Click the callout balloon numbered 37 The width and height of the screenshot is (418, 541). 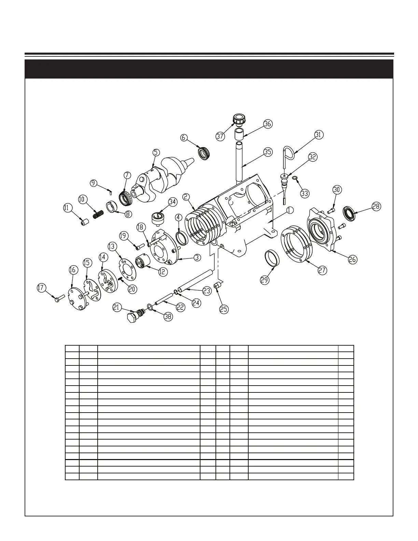click(x=220, y=136)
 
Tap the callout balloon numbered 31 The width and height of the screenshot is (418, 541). click(x=318, y=135)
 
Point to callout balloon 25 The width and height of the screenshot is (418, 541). click(x=223, y=309)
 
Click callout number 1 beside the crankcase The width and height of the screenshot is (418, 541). click(x=290, y=210)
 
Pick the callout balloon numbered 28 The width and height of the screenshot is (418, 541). click(x=376, y=207)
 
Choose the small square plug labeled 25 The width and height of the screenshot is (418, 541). click(x=217, y=286)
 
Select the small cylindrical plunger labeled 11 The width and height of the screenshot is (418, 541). click(x=84, y=223)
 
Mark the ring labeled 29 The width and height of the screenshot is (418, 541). click(x=273, y=257)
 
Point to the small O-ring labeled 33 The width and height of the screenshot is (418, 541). click(x=295, y=178)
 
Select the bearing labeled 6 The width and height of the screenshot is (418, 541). click(x=204, y=152)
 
